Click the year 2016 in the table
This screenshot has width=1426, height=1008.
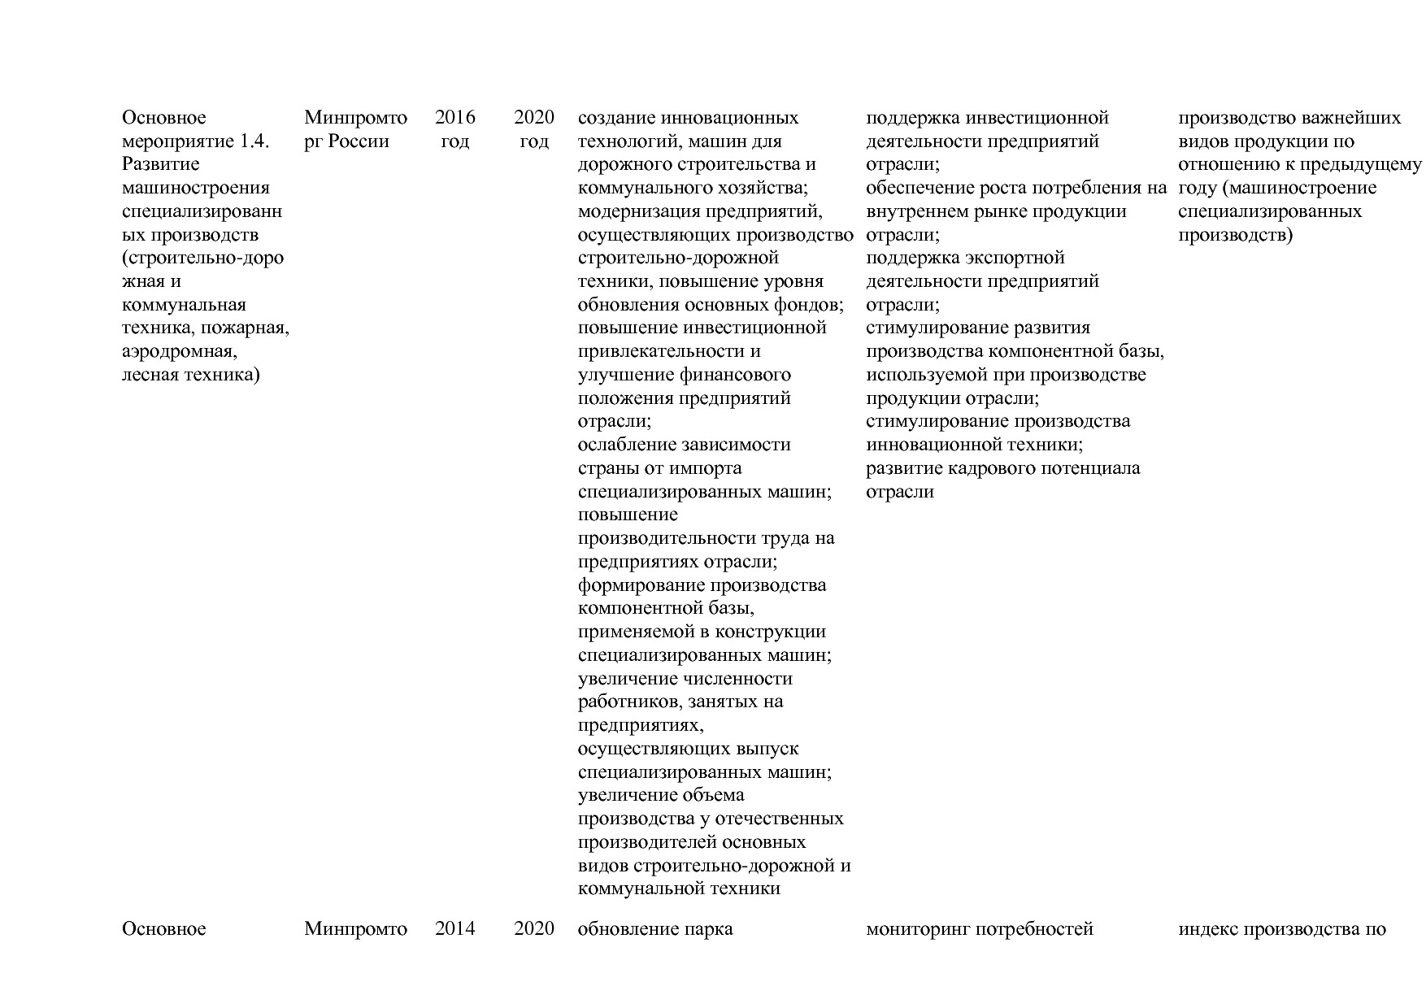click(x=455, y=118)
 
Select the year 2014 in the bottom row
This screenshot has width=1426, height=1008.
click(x=455, y=928)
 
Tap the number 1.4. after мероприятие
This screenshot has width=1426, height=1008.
click(x=254, y=141)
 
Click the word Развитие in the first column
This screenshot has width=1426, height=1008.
click(x=161, y=164)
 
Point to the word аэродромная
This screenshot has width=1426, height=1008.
click(x=180, y=352)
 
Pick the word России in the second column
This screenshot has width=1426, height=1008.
click(x=359, y=141)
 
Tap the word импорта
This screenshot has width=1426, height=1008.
click(x=705, y=469)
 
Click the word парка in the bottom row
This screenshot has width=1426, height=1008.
click(x=709, y=928)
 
